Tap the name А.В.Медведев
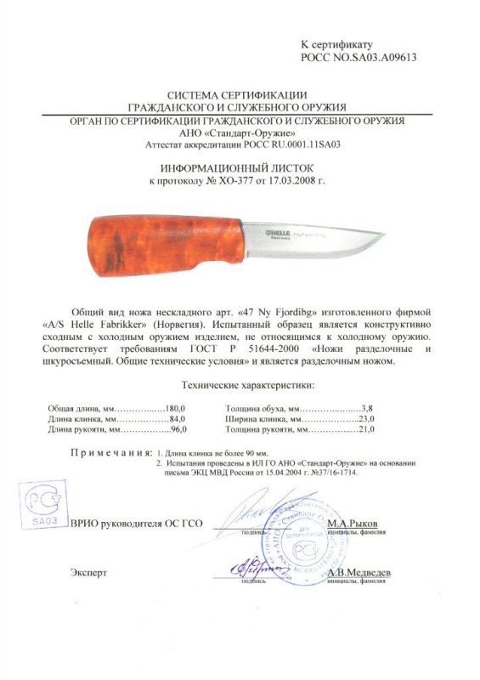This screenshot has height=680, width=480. (358, 571)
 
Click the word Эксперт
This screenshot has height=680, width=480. (88, 573)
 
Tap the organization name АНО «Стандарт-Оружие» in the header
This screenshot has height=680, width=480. (238, 133)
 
